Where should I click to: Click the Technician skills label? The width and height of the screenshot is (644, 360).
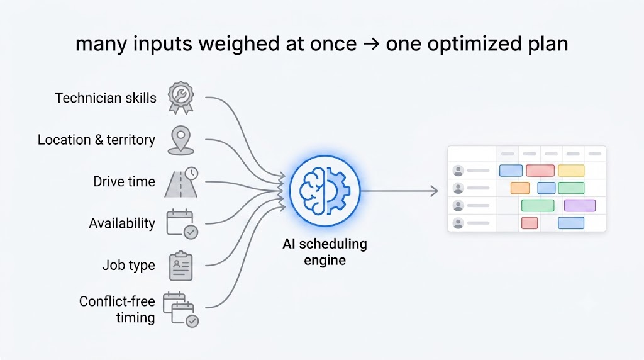click(x=106, y=98)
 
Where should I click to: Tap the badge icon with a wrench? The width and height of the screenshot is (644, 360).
click(x=180, y=98)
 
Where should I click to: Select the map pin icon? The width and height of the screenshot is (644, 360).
click(x=180, y=140)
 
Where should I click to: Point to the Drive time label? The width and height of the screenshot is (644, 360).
click(x=124, y=181)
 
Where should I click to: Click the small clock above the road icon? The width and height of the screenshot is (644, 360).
click(x=191, y=174)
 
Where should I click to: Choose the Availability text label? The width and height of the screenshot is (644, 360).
click(x=122, y=223)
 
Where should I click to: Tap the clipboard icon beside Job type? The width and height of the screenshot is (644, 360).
click(x=180, y=266)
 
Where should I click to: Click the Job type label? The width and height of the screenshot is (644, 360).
click(x=128, y=266)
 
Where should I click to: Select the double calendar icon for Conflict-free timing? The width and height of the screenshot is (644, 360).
click(x=180, y=310)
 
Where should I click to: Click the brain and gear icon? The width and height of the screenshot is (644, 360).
click(x=325, y=191)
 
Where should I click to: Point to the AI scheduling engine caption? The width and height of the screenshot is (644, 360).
click(x=325, y=252)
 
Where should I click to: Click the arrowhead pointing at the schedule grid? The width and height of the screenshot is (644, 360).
click(x=434, y=191)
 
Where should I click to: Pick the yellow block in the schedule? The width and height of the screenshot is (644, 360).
click(x=571, y=170)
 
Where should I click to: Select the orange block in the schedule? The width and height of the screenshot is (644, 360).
click(x=520, y=188)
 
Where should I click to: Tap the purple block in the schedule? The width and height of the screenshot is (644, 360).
click(x=580, y=205)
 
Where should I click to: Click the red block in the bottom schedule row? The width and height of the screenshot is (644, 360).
click(x=530, y=223)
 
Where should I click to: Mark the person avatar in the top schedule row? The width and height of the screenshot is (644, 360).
click(x=458, y=170)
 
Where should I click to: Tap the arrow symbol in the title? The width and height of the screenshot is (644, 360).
click(x=371, y=43)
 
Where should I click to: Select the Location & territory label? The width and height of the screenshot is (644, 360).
click(x=96, y=140)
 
